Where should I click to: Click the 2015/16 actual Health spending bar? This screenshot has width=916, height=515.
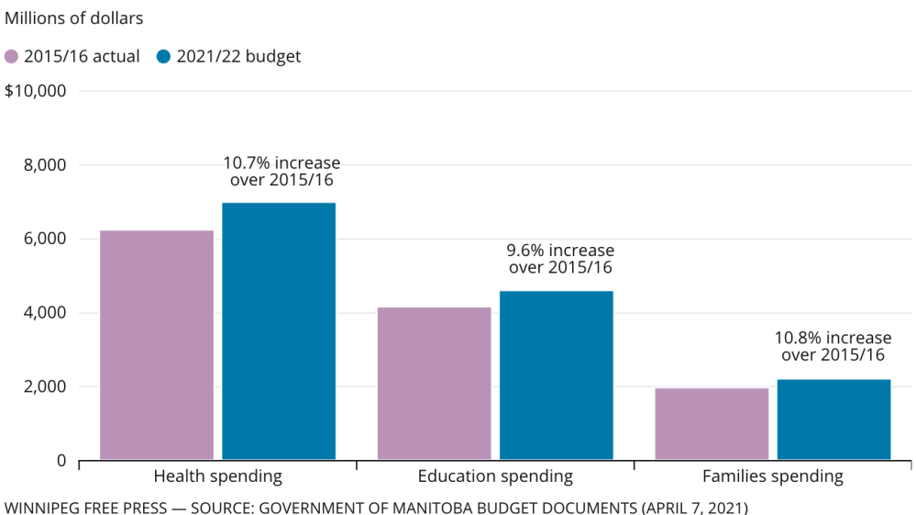157,344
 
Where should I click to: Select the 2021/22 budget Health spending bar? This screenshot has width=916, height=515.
279,330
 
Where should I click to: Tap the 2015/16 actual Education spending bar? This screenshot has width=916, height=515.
434,383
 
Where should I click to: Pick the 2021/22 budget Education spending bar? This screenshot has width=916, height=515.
556,375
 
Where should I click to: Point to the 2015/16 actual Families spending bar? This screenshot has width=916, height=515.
712,423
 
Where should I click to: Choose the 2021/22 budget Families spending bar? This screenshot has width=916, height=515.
833,419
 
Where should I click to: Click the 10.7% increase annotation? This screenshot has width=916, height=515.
281,172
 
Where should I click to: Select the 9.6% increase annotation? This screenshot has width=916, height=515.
560,259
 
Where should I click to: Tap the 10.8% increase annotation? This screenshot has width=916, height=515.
833,347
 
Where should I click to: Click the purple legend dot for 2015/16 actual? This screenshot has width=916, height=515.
12,57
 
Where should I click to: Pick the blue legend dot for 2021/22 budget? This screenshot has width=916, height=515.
164,57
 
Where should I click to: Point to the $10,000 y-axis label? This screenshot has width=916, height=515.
36,92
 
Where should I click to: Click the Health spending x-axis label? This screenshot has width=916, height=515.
217,476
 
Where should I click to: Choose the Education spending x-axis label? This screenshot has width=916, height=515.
495,476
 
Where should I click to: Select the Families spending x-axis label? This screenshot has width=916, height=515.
772,476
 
